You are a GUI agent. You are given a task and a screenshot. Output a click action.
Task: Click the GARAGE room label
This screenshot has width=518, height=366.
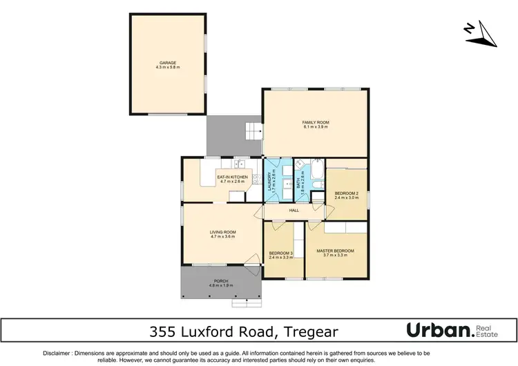167,63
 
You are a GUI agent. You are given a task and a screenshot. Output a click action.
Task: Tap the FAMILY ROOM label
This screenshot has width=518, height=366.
315,122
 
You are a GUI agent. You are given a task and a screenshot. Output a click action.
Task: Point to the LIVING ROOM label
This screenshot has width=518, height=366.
223,232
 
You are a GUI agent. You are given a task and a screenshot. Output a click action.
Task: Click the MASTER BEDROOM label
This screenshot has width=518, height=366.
335,251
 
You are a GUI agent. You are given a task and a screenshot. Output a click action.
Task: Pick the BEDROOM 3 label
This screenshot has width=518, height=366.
281,253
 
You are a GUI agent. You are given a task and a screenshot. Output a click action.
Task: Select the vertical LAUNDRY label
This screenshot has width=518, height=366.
270,181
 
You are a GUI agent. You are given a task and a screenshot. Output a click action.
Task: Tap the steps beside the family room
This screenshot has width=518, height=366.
253,129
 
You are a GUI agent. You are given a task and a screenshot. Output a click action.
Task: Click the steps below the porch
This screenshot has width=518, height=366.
247,301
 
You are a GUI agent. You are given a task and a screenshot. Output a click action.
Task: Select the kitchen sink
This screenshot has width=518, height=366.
240,164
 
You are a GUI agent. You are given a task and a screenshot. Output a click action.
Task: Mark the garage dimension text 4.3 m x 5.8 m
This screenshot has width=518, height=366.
167,68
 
